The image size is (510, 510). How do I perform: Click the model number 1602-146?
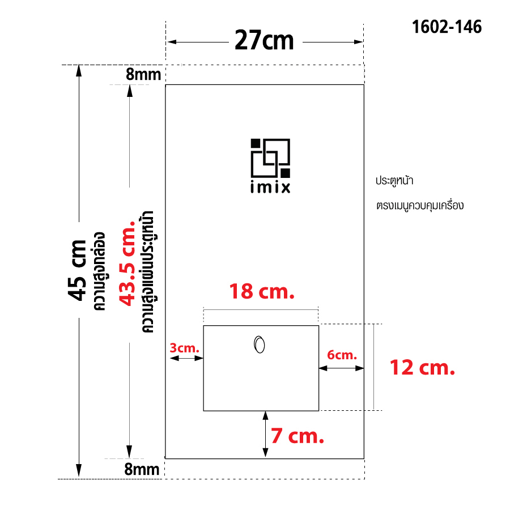coord(447,27)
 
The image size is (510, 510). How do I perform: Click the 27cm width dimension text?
coord(264,41)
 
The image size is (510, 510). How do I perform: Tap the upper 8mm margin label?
coord(143,74)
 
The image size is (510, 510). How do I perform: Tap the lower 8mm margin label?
coord(143,469)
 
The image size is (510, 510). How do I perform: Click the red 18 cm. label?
coord(261,292)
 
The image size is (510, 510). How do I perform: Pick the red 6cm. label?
coord(342,355)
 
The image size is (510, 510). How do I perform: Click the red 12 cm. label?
coord(422,368)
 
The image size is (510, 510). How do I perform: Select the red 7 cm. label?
coord(297,436)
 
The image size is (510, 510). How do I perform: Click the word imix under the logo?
coord(270,188)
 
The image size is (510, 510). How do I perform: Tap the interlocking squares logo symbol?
coord(270,157)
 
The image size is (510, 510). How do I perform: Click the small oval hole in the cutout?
coord(260,345)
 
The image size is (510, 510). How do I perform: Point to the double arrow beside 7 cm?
coord(265,434)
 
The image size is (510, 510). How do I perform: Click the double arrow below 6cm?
coord(341,368)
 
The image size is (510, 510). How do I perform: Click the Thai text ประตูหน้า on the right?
coord(394,181)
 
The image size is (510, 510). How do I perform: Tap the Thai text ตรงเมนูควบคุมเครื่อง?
coord(419,205)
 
